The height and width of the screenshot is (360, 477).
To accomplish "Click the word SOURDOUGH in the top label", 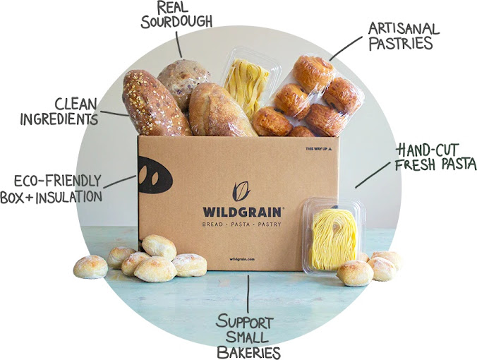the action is (x=178, y=21).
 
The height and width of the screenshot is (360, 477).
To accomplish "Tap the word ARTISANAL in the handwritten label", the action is (x=403, y=28).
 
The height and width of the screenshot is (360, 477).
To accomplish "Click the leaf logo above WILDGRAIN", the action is (x=242, y=189).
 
